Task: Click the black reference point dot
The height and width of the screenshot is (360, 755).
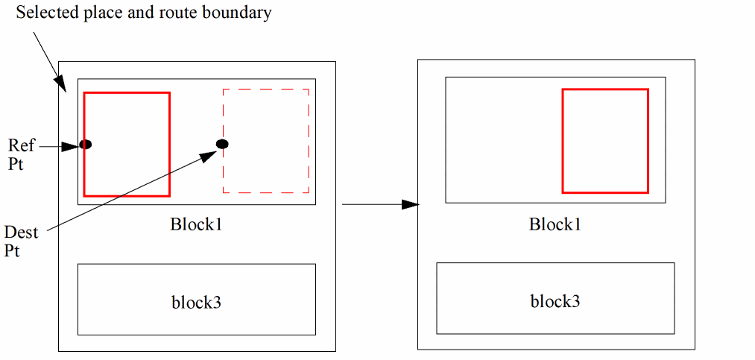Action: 86,144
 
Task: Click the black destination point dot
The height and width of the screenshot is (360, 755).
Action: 222,144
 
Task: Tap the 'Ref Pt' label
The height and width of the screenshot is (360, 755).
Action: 21,154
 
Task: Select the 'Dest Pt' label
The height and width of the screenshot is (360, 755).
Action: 19,240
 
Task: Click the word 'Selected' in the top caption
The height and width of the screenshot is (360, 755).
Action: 44,13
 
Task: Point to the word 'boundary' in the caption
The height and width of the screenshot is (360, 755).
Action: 241,13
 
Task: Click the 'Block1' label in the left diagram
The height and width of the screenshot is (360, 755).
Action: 196,224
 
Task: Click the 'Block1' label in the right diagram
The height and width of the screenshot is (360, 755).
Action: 555,224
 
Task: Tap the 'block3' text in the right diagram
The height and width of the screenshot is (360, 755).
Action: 555,301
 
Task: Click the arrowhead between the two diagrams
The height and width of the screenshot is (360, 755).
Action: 409,203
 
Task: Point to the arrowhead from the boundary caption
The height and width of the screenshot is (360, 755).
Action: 61,84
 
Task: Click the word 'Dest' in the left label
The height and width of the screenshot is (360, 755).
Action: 19,231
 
